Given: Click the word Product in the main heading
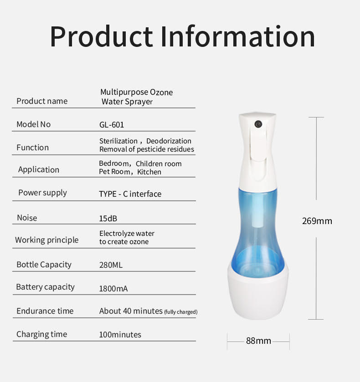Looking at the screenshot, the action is [x=102, y=36].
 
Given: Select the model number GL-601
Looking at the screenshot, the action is [x=112, y=125].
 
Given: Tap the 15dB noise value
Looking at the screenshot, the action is [x=108, y=218].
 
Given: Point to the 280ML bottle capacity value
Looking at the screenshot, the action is [x=111, y=265].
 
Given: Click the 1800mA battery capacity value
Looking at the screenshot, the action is [x=113, y=289].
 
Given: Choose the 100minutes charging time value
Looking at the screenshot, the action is [x=120, y=335].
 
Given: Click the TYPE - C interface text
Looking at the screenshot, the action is [x=130, y=194].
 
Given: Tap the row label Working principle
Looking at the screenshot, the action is [x=47, y=240].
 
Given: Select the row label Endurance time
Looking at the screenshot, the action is [x=45, y=311].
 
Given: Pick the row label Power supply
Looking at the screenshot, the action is [x=42, y=193].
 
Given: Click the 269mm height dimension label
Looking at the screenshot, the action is [x=317, y=221].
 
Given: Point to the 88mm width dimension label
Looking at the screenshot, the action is [x=258, y=341].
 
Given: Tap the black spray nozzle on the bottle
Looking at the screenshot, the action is [x=258, y=124].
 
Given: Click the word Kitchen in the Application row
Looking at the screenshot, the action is [x=149, y=172].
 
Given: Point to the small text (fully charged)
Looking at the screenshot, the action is [x=181, y=312].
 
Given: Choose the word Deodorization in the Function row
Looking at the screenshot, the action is [x=169, y=141].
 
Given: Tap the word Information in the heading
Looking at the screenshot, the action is [x=238, y=36].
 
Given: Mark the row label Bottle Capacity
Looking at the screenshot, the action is [x=44, y=265].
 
